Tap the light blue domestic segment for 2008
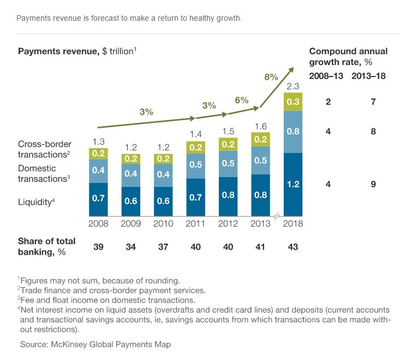(x=98, y=170)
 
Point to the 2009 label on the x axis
(x=131, y=223)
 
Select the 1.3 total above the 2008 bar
(x=98, y=141)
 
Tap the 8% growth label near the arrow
(x=271, y=77)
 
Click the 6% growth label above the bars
(x=242, y=100)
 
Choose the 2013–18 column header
(x=368, y=76)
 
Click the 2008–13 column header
(x=326, y=76)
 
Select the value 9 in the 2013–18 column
(x=373, y=185)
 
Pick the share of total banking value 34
(x=131, y=247)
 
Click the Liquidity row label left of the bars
(x=37, y=202)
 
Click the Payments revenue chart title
(x=77, y=51)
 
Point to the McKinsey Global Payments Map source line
(x=95, y=345)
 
